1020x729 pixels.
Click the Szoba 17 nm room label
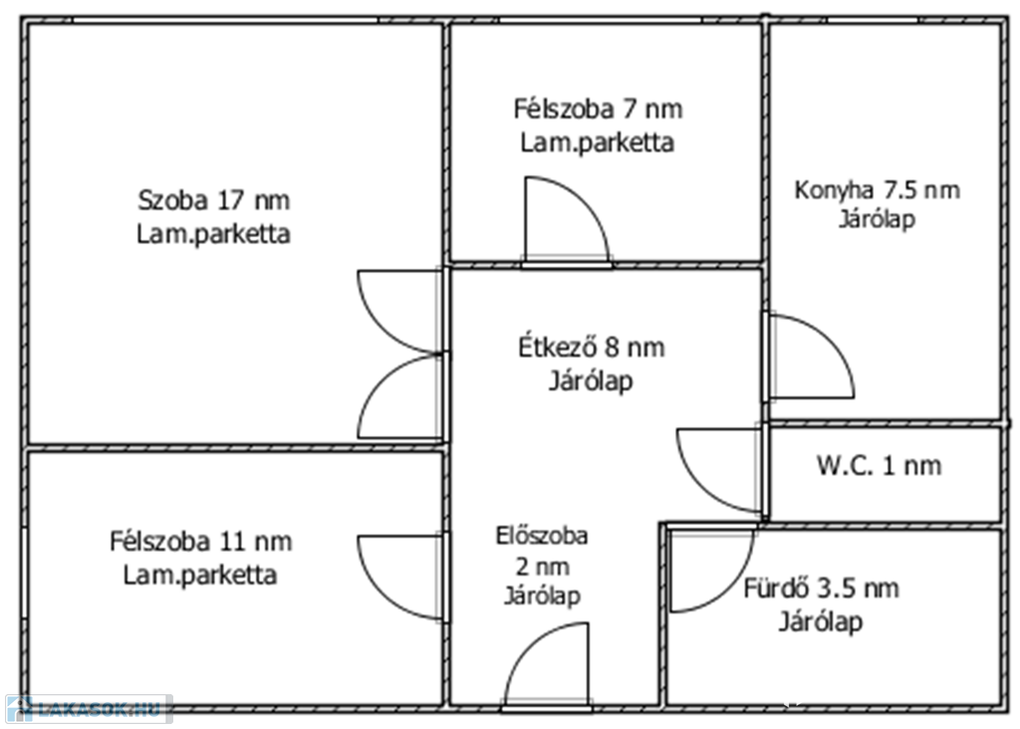(x=213, y=200)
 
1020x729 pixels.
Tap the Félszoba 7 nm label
(x=598, y=109)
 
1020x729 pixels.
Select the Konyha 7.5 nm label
(x=877, y=190)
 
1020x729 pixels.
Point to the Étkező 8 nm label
(x=592, y=348)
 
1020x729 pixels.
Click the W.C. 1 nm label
(x=879, y=466)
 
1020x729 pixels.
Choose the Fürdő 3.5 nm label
(x=821, y=589)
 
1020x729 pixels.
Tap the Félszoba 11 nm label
(x=200, y=541)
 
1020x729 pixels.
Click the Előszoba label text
(x=542, y=536)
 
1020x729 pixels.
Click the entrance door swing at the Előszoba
(x=547, y=664)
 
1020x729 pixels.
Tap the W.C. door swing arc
(x=719, y=470)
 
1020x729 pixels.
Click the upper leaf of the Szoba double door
(x=400, y=312)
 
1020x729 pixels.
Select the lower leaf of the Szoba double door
(x=400, y=396)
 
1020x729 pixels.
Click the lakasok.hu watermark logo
(x=89, y=708)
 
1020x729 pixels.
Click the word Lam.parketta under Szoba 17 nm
(x=213, y=233)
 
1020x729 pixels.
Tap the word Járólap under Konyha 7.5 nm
(x=877, y=219)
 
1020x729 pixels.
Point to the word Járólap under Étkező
(x=592, y=380)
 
